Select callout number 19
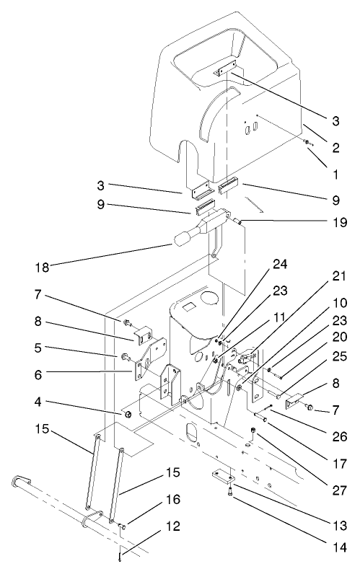pyautogui.click(x=339, y=224)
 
